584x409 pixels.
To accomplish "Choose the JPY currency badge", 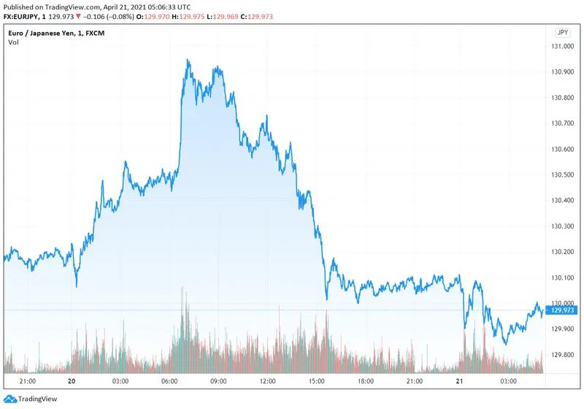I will (561, 32).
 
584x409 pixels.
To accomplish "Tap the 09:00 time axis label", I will (219, 381).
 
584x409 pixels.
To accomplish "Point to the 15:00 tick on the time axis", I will (316, 381).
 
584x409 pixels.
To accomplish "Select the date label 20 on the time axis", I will (72, 381).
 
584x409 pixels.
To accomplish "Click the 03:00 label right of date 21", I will (509, 381).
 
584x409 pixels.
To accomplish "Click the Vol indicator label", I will (14, 42).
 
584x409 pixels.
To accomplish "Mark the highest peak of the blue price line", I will (188, 61).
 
